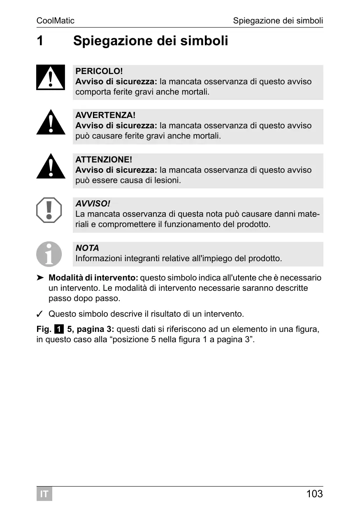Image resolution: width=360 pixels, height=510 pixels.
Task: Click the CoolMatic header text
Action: (x=56, y=21)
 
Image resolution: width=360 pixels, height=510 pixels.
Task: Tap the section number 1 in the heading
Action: (x=40, y=41)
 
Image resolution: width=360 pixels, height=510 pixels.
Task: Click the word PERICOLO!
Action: (x=99, y=71)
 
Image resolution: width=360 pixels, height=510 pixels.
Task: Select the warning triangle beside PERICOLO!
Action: (x=51, y=77)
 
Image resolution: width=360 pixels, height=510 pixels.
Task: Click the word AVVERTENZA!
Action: (x=105, y=115)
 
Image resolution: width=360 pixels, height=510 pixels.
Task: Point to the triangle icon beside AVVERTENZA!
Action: (x=51, y=123)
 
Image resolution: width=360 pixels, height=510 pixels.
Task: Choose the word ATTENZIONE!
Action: (x=104, y=160)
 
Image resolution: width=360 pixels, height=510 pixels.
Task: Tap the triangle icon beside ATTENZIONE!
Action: (x=51, y=167)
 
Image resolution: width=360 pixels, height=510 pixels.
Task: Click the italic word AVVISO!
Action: (x=93, y=204)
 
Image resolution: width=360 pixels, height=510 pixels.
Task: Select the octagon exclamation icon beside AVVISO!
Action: (x=49, y=210)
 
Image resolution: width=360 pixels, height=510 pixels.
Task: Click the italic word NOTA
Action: (x=87, y=248)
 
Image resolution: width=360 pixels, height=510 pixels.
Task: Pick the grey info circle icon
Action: (x=49, y=254)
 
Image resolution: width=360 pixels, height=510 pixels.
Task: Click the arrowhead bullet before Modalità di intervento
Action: (x=40, y=278)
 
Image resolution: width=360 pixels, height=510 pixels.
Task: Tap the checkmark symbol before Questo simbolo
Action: (x=40, y=315)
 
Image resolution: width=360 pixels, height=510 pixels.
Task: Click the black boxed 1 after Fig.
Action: (x=59, y=329)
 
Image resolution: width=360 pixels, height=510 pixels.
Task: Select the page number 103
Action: (x=314, y=494)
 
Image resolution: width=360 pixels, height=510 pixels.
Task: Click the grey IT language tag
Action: (x=44, y=494)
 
